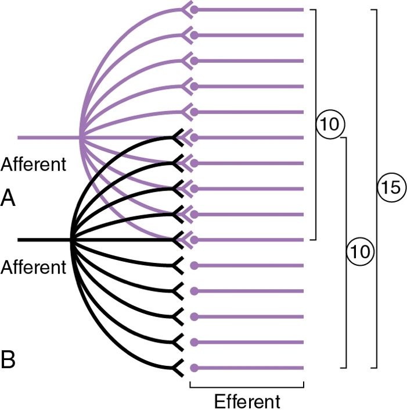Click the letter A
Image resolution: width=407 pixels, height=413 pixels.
point(8,198)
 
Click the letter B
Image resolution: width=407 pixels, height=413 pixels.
point(8,359)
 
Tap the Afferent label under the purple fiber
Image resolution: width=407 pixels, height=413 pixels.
point(34,165)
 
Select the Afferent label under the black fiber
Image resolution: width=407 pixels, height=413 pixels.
point(34,267)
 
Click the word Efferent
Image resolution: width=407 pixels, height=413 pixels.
point(247,401)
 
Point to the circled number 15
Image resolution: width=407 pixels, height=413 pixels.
point(392,187)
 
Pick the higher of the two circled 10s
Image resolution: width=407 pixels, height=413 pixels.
point(330,124)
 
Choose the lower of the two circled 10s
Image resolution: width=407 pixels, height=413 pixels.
point(360,251)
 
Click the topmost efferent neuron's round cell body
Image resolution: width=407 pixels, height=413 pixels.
point(194,10)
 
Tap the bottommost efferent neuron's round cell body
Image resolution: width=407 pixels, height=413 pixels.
point(194,368)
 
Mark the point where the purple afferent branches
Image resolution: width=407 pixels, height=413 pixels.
point(80,137)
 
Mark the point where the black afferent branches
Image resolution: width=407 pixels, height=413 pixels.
point(71,240)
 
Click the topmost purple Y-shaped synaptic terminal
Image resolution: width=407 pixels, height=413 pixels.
point(187,10)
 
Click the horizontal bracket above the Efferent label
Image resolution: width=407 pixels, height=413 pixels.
point(247,387)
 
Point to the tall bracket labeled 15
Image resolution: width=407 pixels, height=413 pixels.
point(377,188)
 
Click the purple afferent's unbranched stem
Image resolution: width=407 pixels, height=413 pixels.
point(49,137)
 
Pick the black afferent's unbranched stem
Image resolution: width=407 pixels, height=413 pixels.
point(45,240)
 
